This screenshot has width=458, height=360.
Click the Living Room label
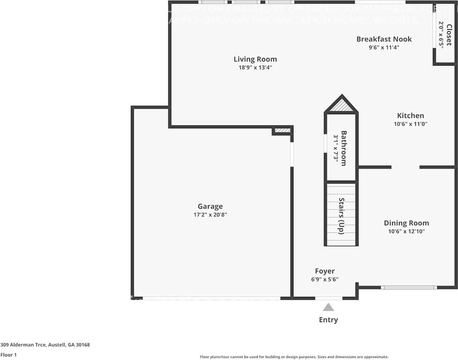[x=255, y=59]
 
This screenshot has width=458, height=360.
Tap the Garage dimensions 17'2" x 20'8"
[x=210, y=215]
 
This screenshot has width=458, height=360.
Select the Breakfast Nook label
[x=384, y=39]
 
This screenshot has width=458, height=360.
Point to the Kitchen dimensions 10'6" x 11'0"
[x=410, y=124]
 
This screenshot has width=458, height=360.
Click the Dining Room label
[x=406, y=223]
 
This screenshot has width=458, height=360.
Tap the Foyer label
[x=325, y=271]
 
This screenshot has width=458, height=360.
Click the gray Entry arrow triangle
[x=328, y=308]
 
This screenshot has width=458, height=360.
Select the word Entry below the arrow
[x=328, y=320]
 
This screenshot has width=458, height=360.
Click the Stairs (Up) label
[x=341, y=215]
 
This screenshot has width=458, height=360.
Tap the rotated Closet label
[x=449, y=36]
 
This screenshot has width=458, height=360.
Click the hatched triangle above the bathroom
[x=341, y=105]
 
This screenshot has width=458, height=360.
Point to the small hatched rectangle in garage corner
[x=283, y=130]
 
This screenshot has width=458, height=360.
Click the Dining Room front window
[x=409, y=288]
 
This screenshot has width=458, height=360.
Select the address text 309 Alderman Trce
[x=45, y=345]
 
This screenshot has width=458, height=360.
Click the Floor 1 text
[x=9, y=355]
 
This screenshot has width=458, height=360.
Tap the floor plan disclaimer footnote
[x=294, y=357]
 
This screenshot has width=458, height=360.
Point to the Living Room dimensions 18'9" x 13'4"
[x=255, y=68]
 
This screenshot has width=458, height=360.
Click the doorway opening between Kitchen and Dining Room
[x=405, y=167]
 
